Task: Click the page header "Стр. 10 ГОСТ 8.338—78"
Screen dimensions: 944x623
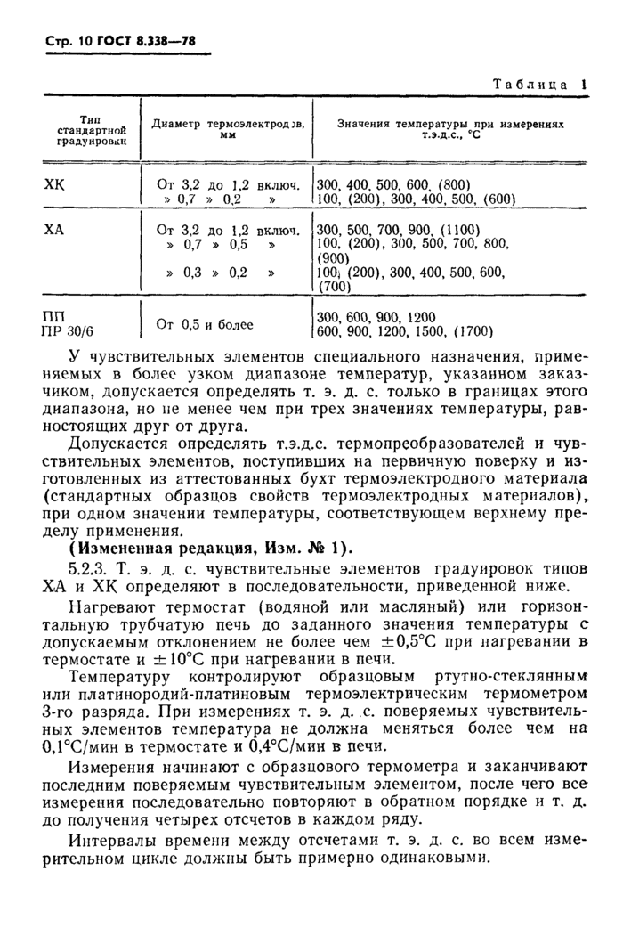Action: pos(121,42)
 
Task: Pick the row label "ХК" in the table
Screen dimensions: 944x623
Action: pos(55,184)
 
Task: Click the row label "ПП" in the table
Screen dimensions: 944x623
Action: pos(54,317)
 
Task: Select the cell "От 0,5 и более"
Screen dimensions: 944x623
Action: pos(205,324)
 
